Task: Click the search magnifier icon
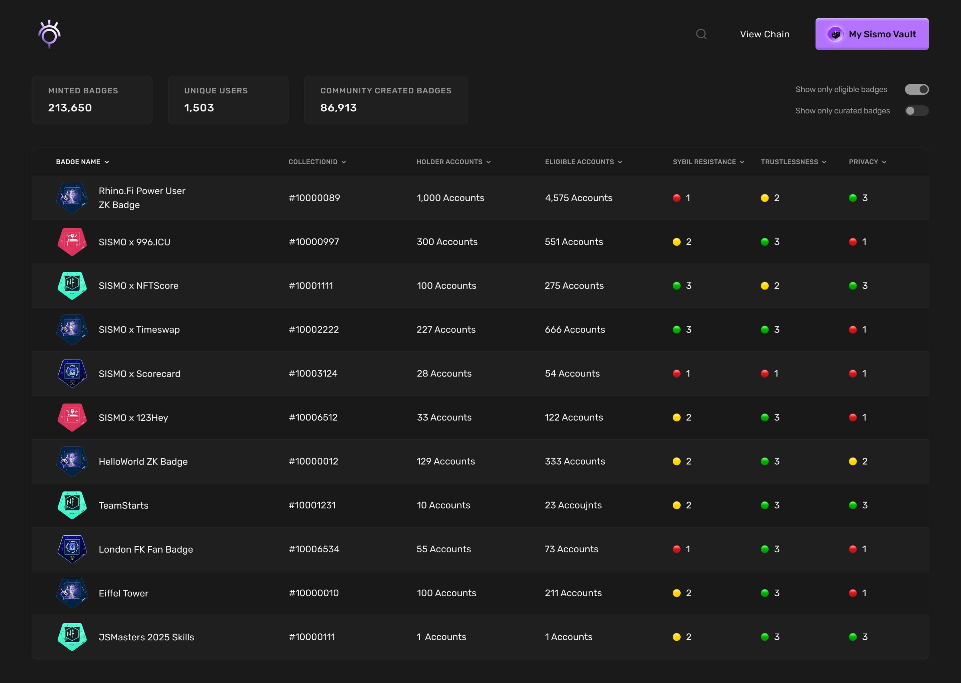click(x=701, y=34)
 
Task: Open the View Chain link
click(x=764, y=34)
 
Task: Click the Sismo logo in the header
click(x=50, y=34)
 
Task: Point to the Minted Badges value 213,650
click(x=70, y=108)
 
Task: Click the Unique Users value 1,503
click(x=199, y=108)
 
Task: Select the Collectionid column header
click(x=316, y=162)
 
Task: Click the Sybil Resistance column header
click(x=708, y=162)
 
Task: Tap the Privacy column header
click(x=867, y=162)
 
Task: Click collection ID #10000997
click(x=314, y=242)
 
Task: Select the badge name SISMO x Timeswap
click(x=139, y=330)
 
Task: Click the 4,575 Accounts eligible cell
click(x=578, y=198)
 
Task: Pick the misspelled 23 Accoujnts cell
click(x=573, y=505)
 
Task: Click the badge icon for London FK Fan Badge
click(x=72, y=549)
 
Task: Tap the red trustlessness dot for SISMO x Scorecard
click(x=764, y=374)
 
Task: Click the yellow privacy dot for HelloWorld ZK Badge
click(x=853, y=461)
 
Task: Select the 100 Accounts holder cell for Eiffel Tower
click(x=446, y=593)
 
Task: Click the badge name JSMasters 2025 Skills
click(x=146, y=637)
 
